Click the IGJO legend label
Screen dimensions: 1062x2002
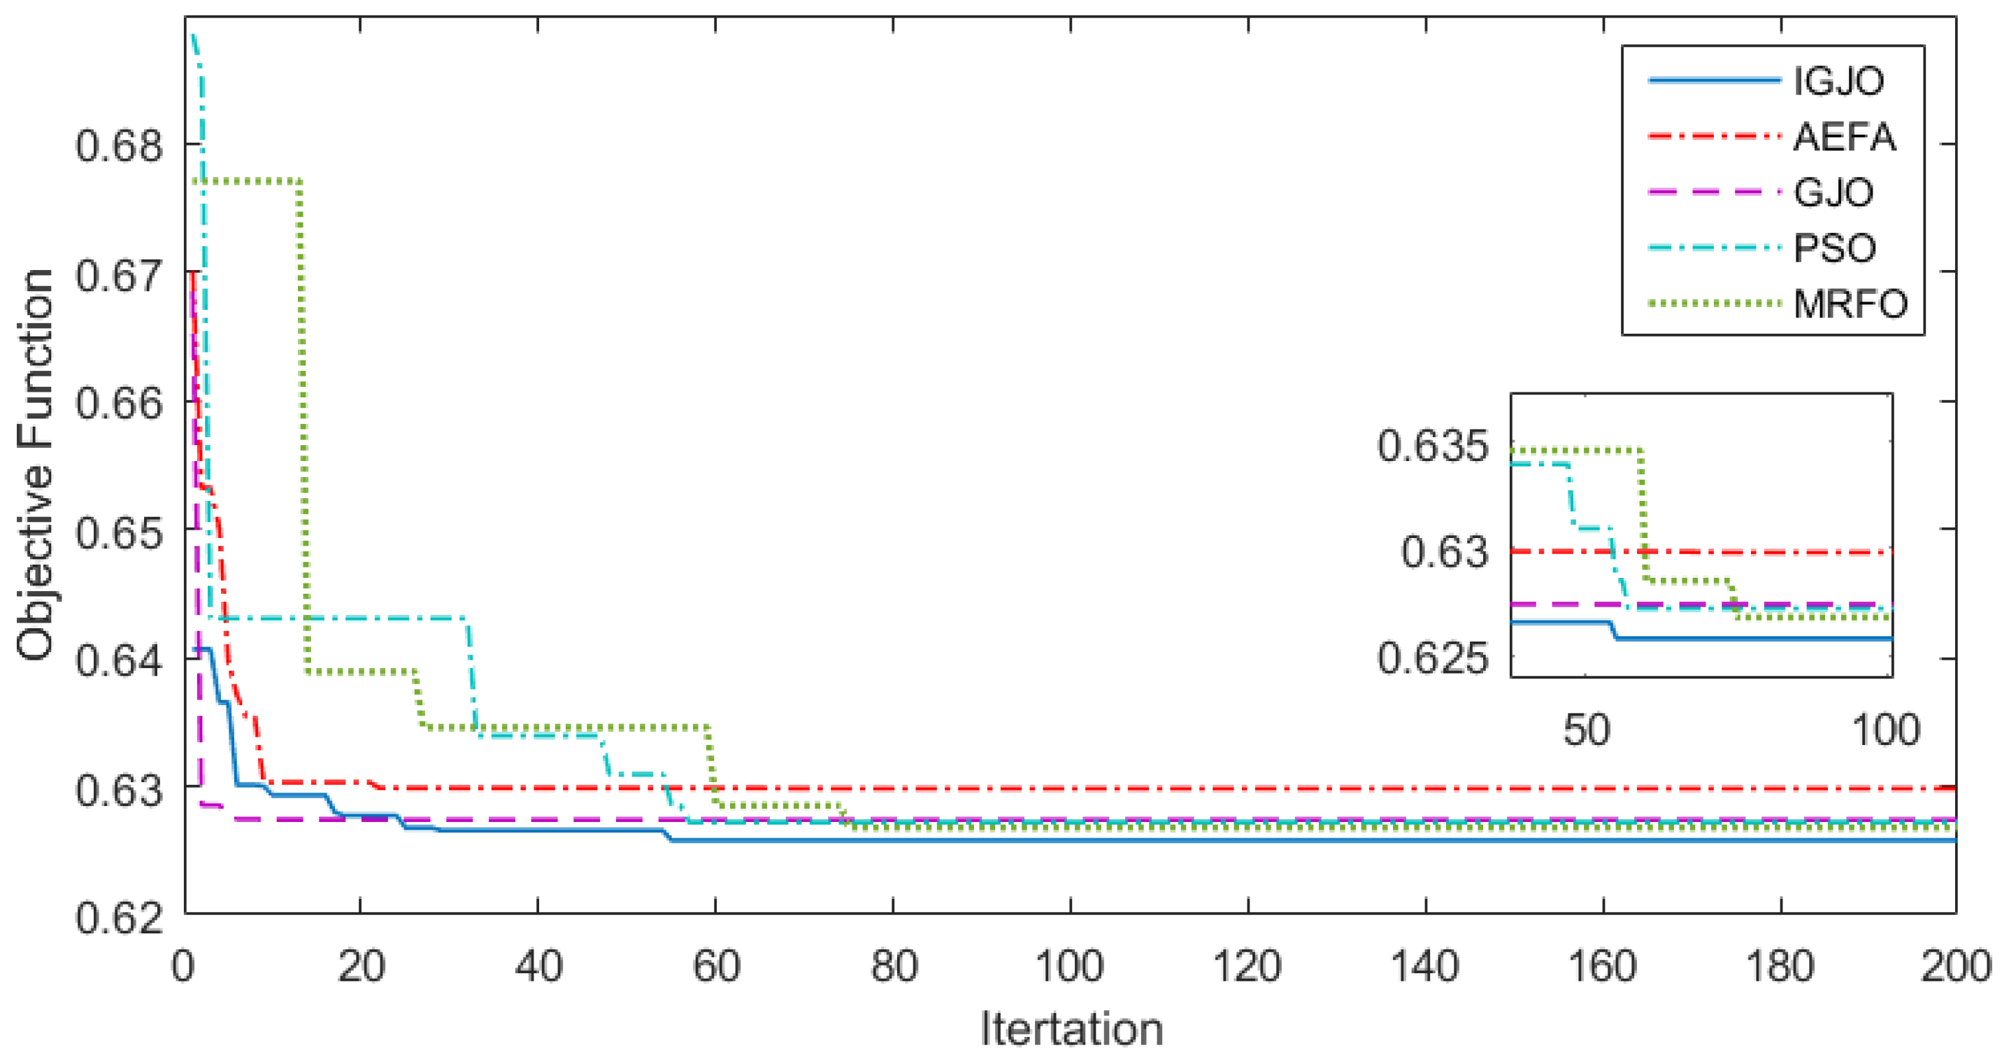click(x=1839, y=81)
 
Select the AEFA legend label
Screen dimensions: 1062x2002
click(x=1844, y=137)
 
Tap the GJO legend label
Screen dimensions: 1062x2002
click(x=1833, y=192)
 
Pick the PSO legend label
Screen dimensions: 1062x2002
click(x=1835, y=248)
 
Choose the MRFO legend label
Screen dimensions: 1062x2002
click(x=1850, y=304)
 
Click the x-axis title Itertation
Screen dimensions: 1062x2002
click(x=1071, y=1029)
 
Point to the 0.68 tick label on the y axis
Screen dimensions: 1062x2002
click(x=119, y=146)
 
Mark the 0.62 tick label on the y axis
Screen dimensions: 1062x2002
click(x=119, y=917)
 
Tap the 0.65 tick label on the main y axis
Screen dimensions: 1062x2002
click(x=119, y=532)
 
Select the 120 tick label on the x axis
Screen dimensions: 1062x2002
click(x=1247, y=967)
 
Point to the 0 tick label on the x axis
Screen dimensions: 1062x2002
click(x=183, y=967)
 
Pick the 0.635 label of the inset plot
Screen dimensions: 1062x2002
click(x=1433, y=447)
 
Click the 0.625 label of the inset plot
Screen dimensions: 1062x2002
click(x=1433, y=658)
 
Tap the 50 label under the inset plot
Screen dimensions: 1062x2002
click(x=1586, y=730)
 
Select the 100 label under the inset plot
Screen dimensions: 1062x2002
click(x=1885, y=730)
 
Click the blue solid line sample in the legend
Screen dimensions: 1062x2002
click(x=1714, y=81)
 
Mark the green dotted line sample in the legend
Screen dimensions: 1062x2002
click(x=1714, y=304)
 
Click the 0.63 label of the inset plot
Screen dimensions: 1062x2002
click(x=1444, y=553)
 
